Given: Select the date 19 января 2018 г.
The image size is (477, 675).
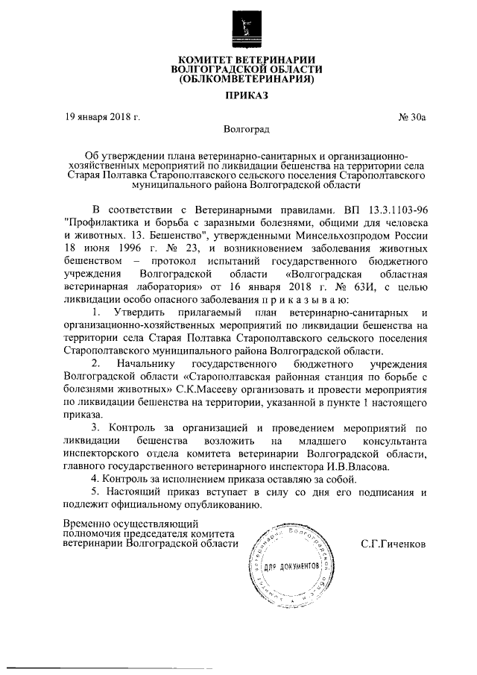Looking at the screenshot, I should (101, 117).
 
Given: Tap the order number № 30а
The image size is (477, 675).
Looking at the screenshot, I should (411, 117).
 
